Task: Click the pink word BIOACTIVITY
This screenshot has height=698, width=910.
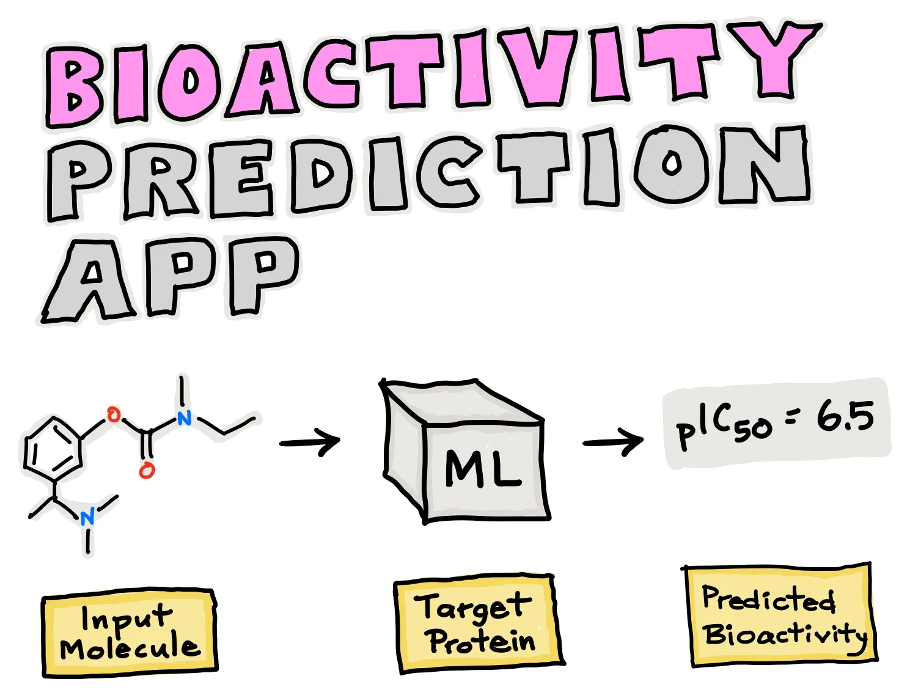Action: point(428,70)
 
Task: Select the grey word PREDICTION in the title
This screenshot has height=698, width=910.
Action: point(428,171)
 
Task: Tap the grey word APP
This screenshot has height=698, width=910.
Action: point(171,278)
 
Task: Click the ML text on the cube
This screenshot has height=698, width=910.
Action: point(483,469)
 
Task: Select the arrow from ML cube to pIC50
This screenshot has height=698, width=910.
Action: point(613,442)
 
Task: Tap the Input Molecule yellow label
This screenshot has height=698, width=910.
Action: point(130,633)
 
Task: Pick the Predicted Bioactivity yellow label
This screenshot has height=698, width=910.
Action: point(780,616)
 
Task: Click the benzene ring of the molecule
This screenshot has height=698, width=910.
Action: point(53,451)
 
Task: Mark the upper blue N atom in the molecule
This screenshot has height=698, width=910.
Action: point(184,418)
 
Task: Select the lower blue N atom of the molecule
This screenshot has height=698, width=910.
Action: point(88,517)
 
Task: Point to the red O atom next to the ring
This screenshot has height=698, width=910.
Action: point(113,416)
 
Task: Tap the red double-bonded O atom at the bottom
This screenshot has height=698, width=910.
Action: point(147,470)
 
